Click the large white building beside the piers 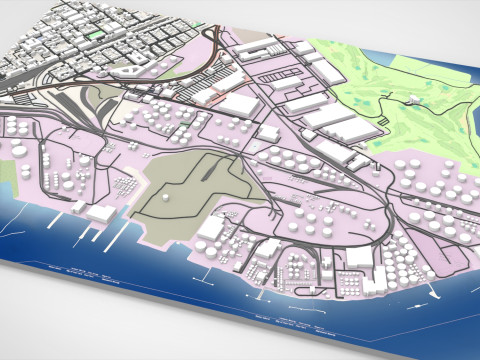click(x=99, y=212)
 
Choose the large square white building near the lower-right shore click(x=358, y=257)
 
